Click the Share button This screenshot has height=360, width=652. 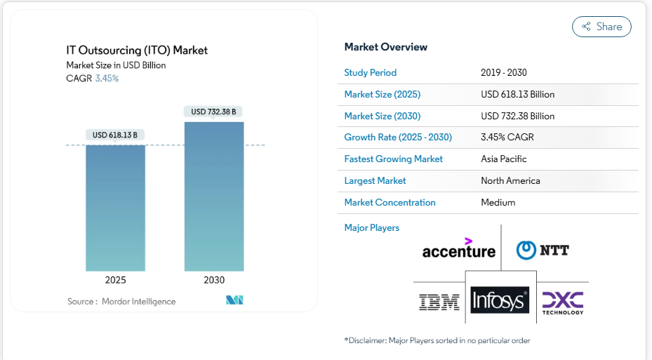coord(601,27)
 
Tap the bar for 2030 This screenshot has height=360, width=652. coord(214,196)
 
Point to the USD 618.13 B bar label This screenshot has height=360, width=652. coord(115,135)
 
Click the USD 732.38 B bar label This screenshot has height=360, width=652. coord(214,112)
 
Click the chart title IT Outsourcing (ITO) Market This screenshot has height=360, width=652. coord(137,50)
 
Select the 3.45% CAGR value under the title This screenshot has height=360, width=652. coord(107,79)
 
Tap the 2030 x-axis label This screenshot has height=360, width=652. coord(214,280)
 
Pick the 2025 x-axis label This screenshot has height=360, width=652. coord(116,280)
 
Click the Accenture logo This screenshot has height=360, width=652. coord(458,248)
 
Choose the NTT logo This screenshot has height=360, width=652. coord(543,250)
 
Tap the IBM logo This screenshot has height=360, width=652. coord(439,302)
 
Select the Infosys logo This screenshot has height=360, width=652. coord(500,300)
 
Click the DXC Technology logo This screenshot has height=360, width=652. coord(563,302)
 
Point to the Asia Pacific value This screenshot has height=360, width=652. coord(503,159)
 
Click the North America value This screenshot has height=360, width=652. coord(510,181)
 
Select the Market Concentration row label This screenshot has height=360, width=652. coord(390,203)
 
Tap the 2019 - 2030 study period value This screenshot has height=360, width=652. coord(503,72)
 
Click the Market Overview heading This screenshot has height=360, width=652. coord(385,47)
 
